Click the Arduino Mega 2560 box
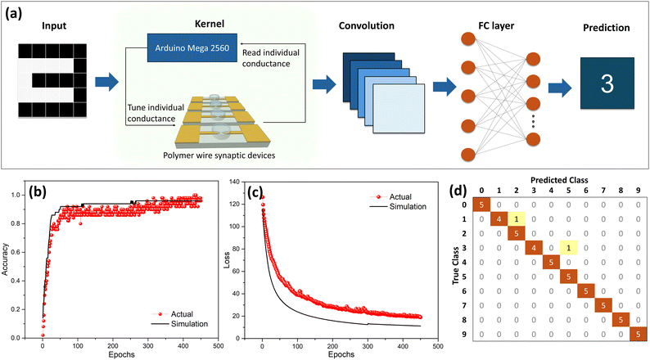coord(192,48)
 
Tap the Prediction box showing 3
coord(607,83)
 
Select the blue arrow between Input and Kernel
coord(107,82)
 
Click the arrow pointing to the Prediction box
coord(560,88)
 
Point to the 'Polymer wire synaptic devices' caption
coord(219,155)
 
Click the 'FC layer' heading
coord(496,25)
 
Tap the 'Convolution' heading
coord(367,25)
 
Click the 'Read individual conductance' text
coord(271,58)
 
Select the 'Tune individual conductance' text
coord(156,113)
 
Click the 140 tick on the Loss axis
coord(234,182)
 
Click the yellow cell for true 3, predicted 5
coord(568,248)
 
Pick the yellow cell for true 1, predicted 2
coord(516,219)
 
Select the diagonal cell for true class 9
coord(638,334)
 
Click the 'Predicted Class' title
coord(559,180)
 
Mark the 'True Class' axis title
coord(456,266)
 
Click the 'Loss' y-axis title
coord(227,259)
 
